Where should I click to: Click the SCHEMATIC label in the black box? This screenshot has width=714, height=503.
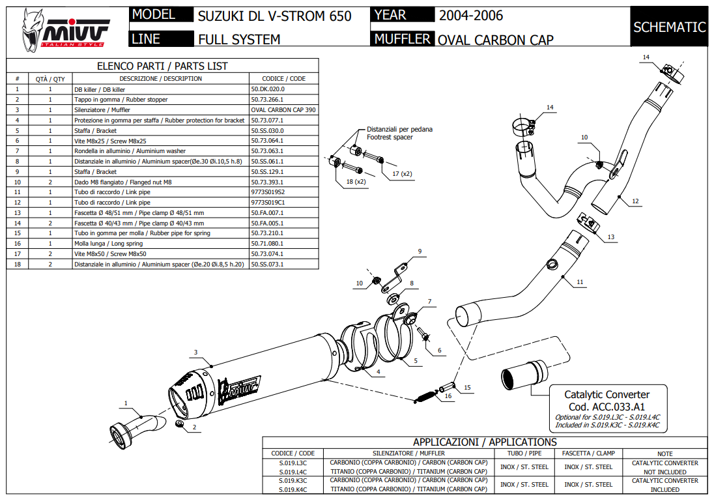(x=669, y=27)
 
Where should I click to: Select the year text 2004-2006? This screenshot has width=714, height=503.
(x=471, y=15)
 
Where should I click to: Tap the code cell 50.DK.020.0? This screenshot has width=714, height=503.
(x=268, y=89)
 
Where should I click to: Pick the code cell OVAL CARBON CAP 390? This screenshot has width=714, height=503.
(x=283, y=110)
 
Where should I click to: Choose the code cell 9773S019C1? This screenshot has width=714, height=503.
(x=268, y=203)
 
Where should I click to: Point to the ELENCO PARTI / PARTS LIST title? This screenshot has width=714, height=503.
(x=162, y=66)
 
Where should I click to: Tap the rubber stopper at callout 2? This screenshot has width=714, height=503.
(x=180, y=425)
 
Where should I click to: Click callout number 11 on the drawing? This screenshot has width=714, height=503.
(x=580, y=282)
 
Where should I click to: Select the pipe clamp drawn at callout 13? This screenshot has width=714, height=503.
(x=588, y=223)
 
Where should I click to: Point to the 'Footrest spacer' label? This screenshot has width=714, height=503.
(x=390, y=137)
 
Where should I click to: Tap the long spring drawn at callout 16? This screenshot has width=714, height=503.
(x=426, y=394)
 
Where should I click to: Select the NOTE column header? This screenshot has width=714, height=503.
(x=664, y=453)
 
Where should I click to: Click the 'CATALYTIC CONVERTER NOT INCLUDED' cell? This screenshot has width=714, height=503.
(x=664, y=467)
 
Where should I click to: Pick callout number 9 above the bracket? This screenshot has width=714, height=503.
(x=420, y=251)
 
